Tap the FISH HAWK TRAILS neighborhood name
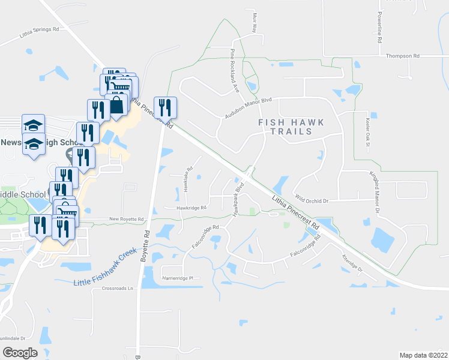coord(291,127)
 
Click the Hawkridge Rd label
coord(191,208)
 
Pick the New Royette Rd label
coord(127,220)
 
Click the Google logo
coord(20,352)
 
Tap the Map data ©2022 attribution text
coord(423,355)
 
